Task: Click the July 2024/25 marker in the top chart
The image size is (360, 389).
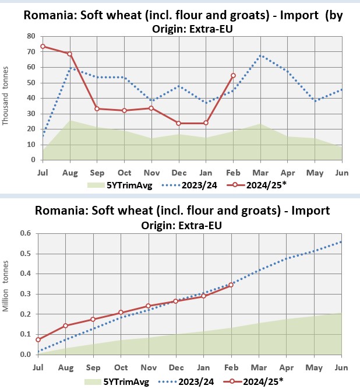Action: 43,46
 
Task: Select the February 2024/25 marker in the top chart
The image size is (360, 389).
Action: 233,75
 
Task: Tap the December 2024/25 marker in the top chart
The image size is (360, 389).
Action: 178,123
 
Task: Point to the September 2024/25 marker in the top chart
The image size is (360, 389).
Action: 97,108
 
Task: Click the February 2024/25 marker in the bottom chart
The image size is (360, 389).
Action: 231,285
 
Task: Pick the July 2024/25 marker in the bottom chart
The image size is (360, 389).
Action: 38,339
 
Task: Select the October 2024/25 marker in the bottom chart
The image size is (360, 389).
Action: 121,313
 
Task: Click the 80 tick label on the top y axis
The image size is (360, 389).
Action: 31,36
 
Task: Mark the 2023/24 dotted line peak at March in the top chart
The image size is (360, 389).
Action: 260,56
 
